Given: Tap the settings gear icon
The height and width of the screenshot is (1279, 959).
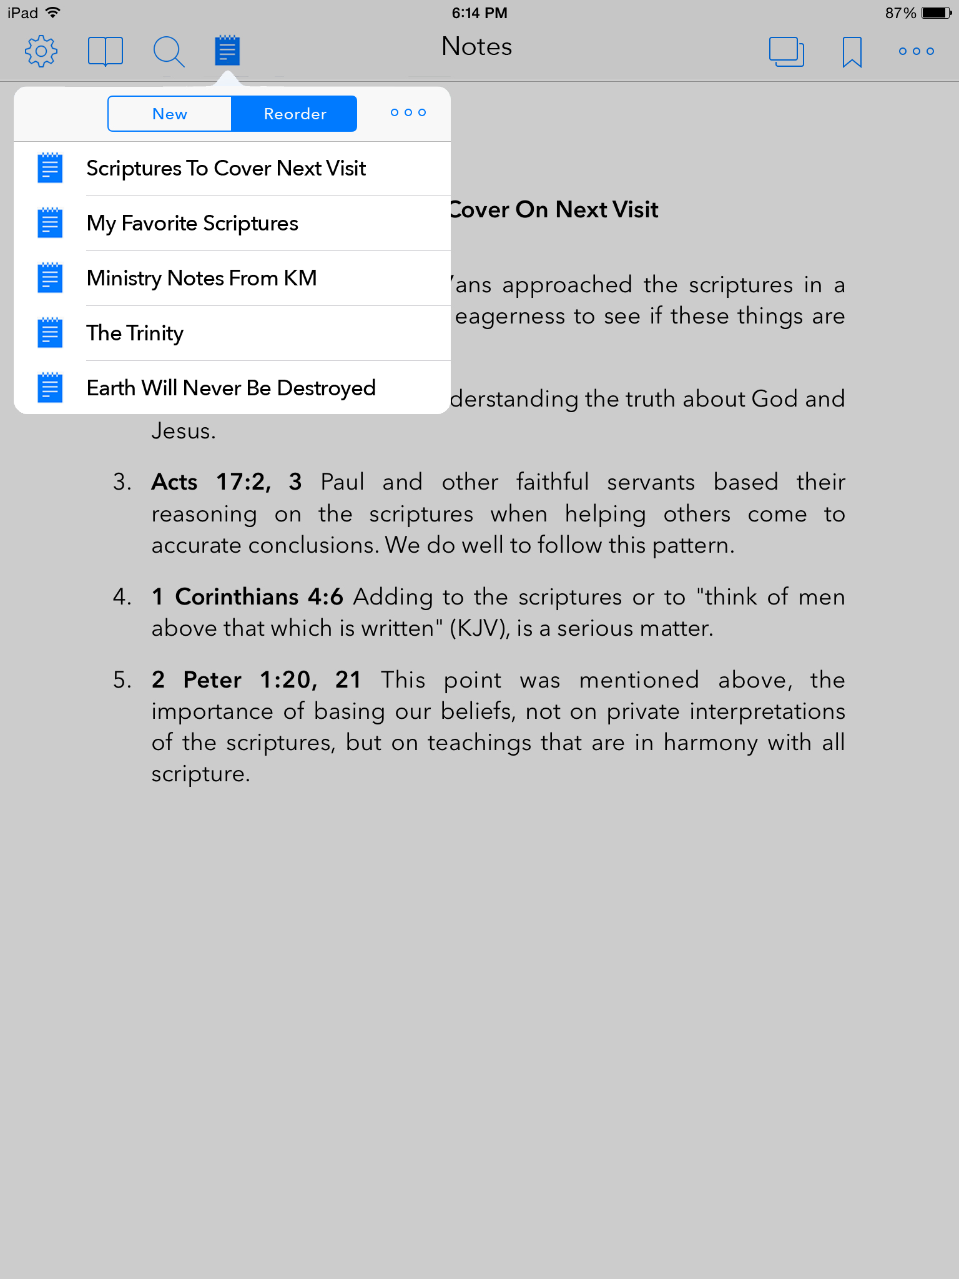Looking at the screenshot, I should (41, 51).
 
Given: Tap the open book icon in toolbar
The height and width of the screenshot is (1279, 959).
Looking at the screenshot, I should (105, 51).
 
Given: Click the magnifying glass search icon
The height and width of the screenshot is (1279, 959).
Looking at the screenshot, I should (168, 51).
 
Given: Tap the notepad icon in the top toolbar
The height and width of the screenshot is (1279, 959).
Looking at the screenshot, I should (227, 51).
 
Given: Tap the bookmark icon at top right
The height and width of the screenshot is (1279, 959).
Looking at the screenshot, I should (852, 51).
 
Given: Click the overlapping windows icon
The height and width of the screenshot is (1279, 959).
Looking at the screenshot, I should (786, 51).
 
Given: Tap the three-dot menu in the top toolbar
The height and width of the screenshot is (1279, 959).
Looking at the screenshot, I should (916, 51).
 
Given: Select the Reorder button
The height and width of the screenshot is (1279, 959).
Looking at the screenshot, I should (295, 114).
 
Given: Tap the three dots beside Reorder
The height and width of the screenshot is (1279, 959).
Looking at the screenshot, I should (408, 112).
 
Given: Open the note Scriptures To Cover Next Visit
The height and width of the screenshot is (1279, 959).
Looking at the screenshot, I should (226, 169).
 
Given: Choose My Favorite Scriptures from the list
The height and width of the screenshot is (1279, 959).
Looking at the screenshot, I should (192, 224).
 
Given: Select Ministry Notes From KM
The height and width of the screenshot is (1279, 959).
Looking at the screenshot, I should (202, 279).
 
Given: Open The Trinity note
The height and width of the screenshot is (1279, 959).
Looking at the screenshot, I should (135, 333).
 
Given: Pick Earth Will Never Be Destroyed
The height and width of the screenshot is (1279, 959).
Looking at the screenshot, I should (231, 388).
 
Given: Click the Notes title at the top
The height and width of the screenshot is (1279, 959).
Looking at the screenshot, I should (476, 47).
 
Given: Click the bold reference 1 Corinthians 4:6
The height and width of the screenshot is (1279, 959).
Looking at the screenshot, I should (247, 597).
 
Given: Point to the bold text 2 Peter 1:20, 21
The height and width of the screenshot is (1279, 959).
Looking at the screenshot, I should (256, 680).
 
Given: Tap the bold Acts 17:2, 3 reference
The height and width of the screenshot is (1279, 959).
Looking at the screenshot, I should (227, 482).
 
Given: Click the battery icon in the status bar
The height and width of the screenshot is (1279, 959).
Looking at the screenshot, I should (937, 13).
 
